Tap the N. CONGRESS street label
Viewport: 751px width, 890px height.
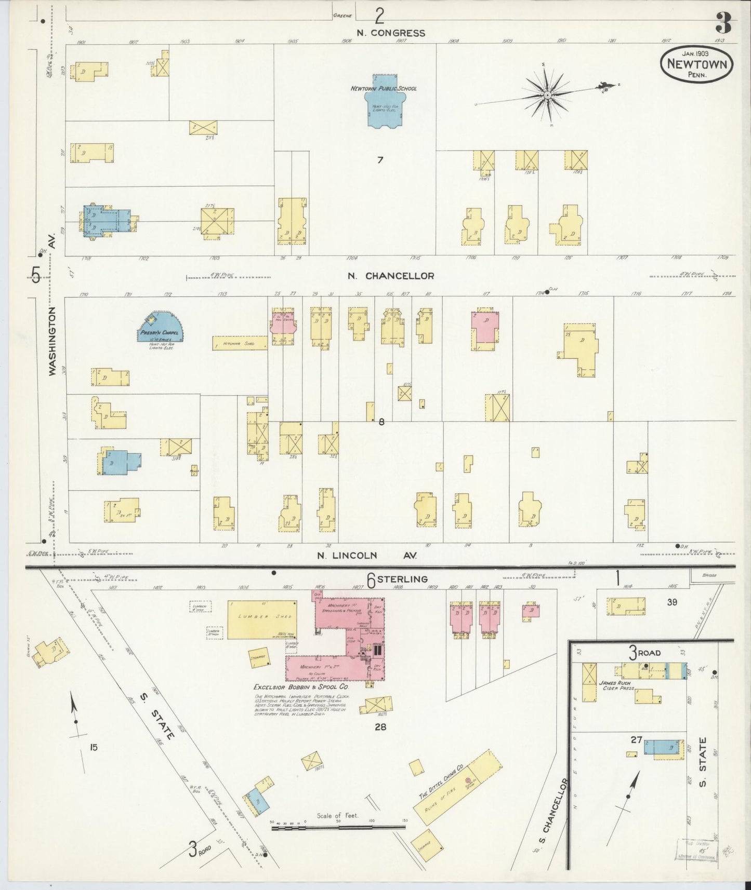pos(391,33)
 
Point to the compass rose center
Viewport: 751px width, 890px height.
pos(547,96)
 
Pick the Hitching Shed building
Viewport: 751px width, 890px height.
pos(240,343)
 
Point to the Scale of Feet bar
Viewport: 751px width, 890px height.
pos(338,829)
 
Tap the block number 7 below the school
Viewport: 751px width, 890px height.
pos(380,160)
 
